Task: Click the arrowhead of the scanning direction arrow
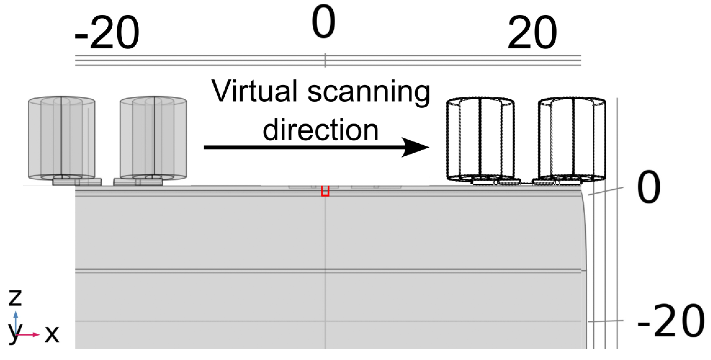[x=415, y=147]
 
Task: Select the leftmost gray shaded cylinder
[x=62, y=138]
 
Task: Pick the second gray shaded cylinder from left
[x=153, y=138]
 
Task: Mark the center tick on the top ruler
[x=325, y=60]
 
